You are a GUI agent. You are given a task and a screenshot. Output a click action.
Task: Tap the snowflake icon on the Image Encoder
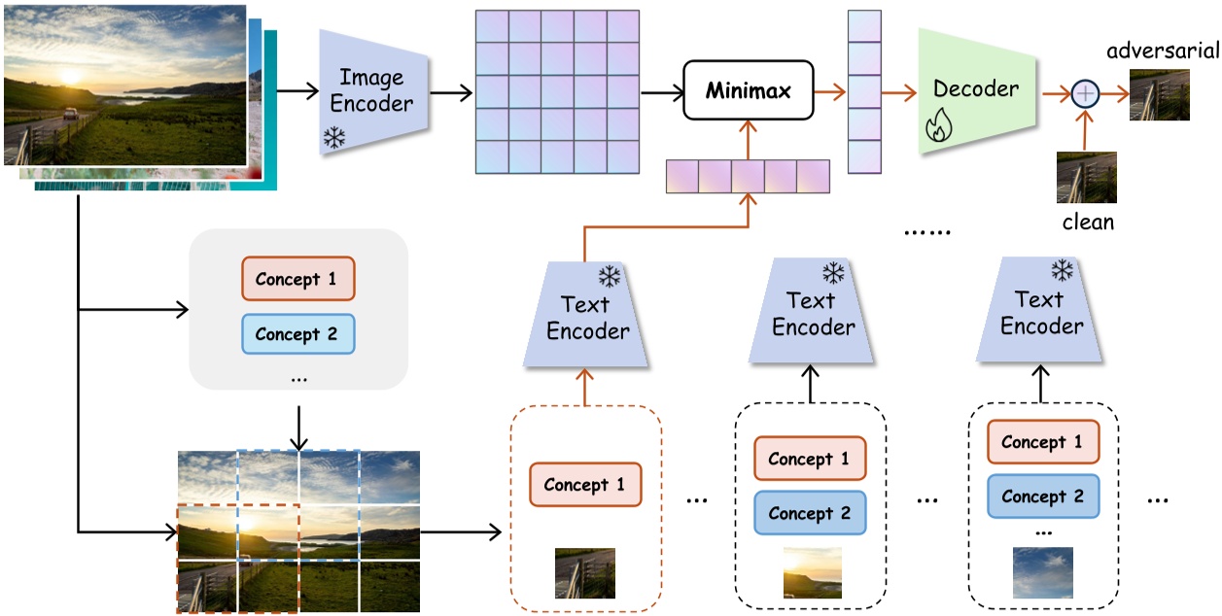pyautogui.click(x=334, y=139)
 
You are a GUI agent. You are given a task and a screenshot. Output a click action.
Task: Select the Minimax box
pyautogui.click(x=748, y=91)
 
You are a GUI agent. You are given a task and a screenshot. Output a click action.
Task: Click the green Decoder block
pyautogui.click(x=975, y=90)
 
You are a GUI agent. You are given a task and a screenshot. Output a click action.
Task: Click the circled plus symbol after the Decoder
pyautogui.click(x=1085, y=93)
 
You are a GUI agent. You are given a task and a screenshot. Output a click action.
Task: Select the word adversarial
pyautogui.click(x=1162, y=51)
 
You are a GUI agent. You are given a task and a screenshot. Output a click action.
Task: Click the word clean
pyautogui.click(x=1087, y=222)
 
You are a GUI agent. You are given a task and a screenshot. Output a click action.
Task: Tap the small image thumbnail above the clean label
pyautogui.click(x=1087, y=177)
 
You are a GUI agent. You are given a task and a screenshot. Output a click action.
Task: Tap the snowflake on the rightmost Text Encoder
pyautogui.click(x=1063, y=270)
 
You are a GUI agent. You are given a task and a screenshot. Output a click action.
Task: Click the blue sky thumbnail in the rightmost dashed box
pyautogui.click(x=1042, y=572)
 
